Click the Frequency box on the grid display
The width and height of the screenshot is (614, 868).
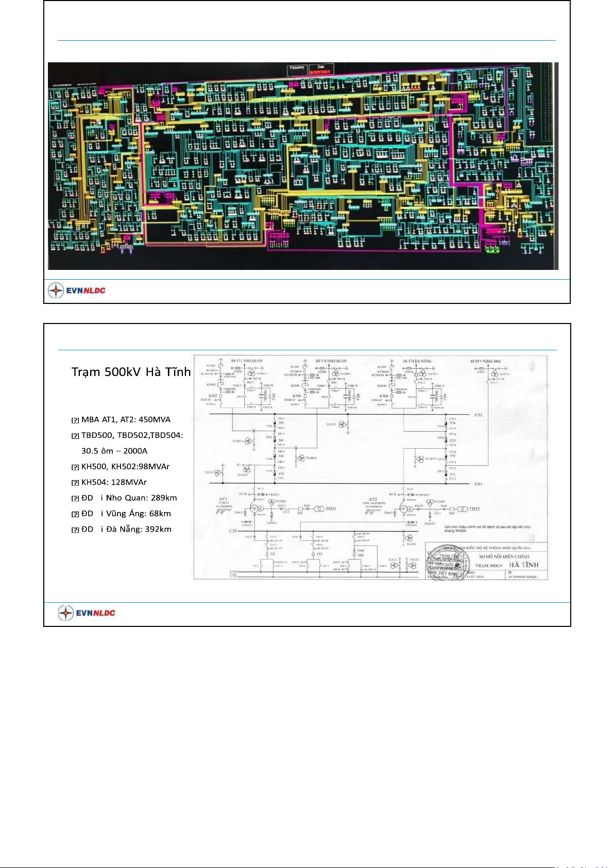[297, 68]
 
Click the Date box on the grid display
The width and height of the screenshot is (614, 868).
[321, 67]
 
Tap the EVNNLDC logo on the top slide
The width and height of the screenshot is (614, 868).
[77, 291]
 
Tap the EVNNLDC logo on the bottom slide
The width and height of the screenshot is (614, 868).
[87, 613]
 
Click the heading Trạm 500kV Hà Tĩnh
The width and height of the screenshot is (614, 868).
[131, 372]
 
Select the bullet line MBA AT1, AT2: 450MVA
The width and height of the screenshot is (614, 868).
[126, 419]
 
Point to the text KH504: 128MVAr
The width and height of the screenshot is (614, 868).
[114, 482]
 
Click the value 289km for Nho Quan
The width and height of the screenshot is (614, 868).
[164, 498]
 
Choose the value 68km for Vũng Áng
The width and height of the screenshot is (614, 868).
[160, 514]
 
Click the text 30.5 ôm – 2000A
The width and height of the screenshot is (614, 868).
[114, 451]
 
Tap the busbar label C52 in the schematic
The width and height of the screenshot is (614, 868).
[478, 415]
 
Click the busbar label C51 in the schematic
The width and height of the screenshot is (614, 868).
[478, 484]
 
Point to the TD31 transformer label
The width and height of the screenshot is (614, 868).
[331, 508]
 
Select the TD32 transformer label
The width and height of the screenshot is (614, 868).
[474, 509]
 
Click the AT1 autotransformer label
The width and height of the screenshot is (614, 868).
[223, 499]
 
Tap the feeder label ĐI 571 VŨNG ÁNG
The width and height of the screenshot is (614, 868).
[485, 361]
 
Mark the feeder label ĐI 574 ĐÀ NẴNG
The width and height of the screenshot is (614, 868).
[417, 361]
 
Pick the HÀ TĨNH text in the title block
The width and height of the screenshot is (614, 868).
[524, 565]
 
